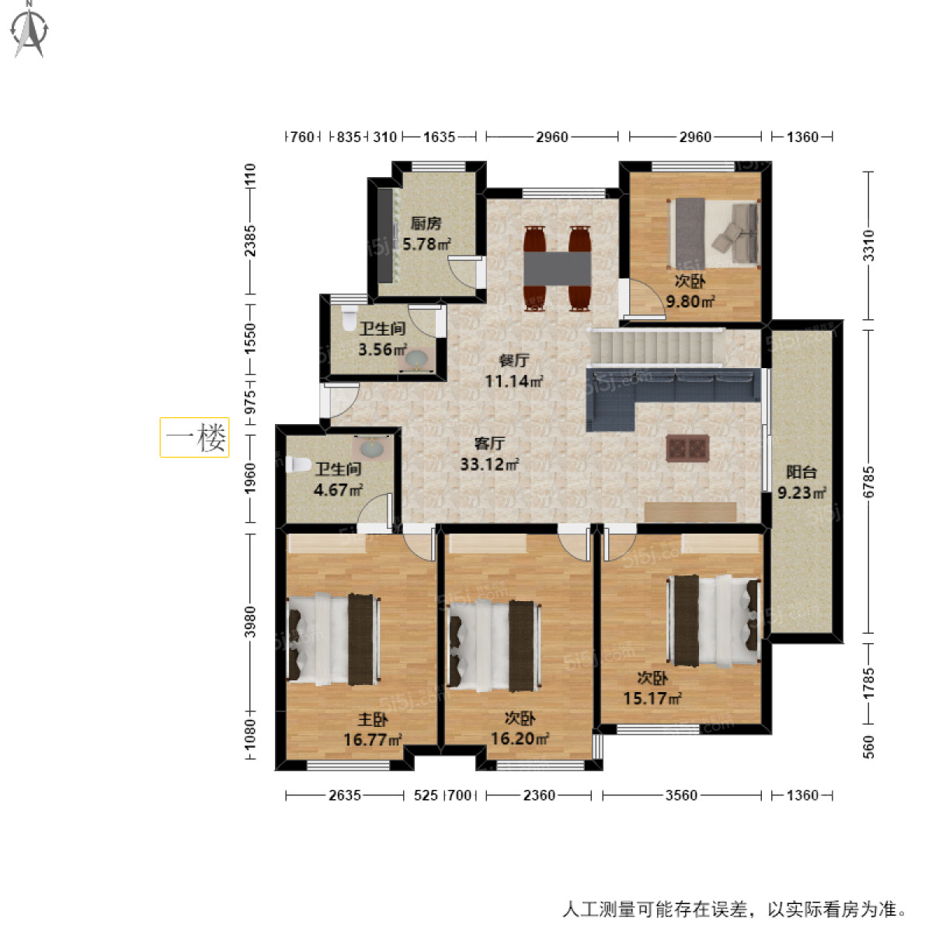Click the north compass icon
(30, 30)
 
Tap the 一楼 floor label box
(194, 437)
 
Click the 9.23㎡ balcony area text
(802, 492)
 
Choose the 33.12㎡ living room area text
(489, 465)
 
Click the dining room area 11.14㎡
(513, 381)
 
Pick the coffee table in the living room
(687, 449)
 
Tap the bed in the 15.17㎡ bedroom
(713, 621)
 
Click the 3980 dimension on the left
(249, 621)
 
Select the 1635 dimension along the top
(439, 137)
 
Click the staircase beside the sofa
(656, 346)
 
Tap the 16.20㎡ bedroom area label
(520, 739)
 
